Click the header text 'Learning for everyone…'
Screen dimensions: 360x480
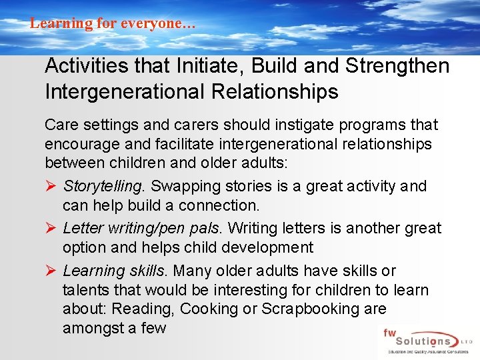point(113,23)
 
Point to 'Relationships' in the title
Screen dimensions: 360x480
point(275,91)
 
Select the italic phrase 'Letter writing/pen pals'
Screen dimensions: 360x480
point(143,229)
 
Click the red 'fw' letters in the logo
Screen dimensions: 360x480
point(391,331)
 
